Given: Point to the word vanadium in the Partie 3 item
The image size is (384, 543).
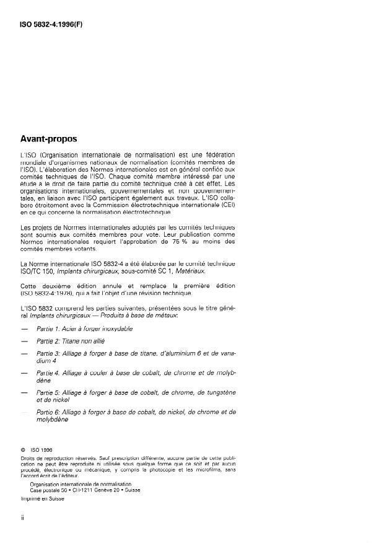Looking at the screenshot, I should [225, 353].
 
